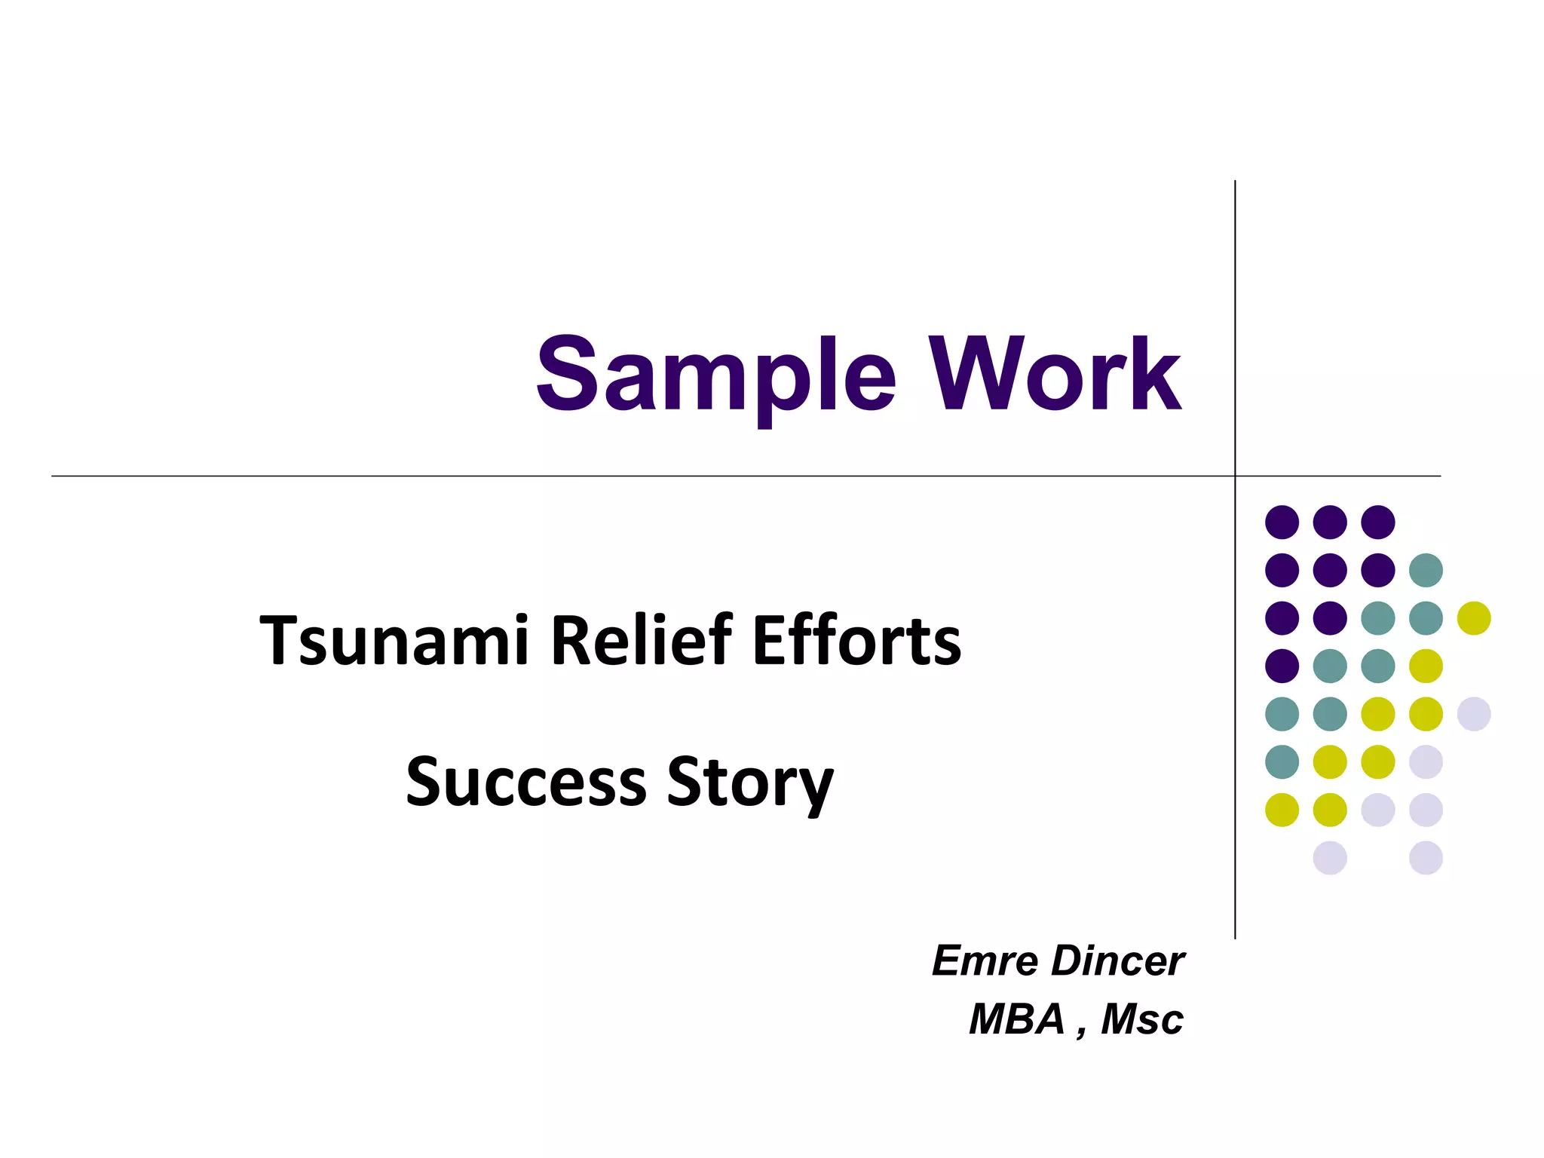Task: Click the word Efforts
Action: pyautogui.click(x=856, y=640)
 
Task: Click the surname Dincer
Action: pyautogui.click(x=1117, y=961)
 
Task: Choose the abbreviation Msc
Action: pyautogui.click(x=1141, y=1019)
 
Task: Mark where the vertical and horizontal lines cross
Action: pyautogui.click(x=1235, y=476)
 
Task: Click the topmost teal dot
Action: pyautogui.click(x=1426, y=570)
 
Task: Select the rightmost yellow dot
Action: pyautogui.click(x=1474, y=618)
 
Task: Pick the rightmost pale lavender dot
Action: pyautogui.click(x=1474, y=714)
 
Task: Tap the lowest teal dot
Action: pyautogui.click(x=1282, y=761)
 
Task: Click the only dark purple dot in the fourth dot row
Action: pyautogui.click(x=1282, y=666)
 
